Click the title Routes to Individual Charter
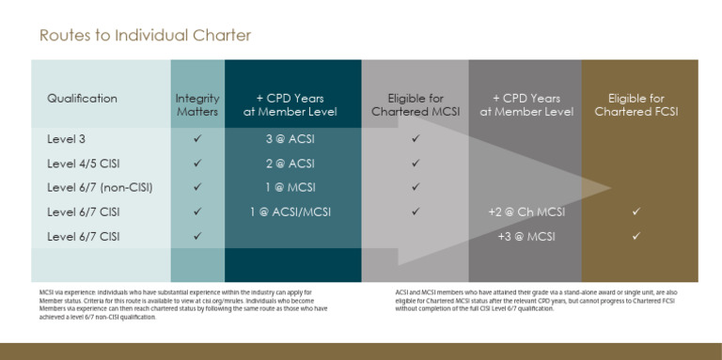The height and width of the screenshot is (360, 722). click(x=145, y=36)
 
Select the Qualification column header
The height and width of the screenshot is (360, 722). click(x=82, y=98)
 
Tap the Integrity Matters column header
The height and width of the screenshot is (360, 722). click(x=197, y=104)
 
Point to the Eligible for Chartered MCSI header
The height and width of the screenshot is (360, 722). click(x=415, y=104)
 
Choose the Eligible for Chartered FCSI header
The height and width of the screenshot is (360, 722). click(x=636, y=104)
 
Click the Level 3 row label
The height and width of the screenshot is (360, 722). click(x=66, y=138)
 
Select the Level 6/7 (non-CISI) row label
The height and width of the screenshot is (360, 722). click(x=100, y=187)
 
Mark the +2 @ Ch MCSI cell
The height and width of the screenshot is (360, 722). click(x=526, y=211)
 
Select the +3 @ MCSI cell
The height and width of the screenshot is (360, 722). click(x=526, y=236)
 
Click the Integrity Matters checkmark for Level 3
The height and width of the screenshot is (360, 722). click(x=197, y=138)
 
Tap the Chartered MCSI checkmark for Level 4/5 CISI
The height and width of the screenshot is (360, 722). click(x=415, y=163)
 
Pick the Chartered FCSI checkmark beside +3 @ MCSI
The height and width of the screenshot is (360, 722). click(x=636, y=236)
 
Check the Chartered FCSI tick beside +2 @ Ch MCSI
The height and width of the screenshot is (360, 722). click(x=636, y=211)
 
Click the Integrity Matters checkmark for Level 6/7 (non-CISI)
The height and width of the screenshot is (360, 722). click(x=197, y=187)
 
